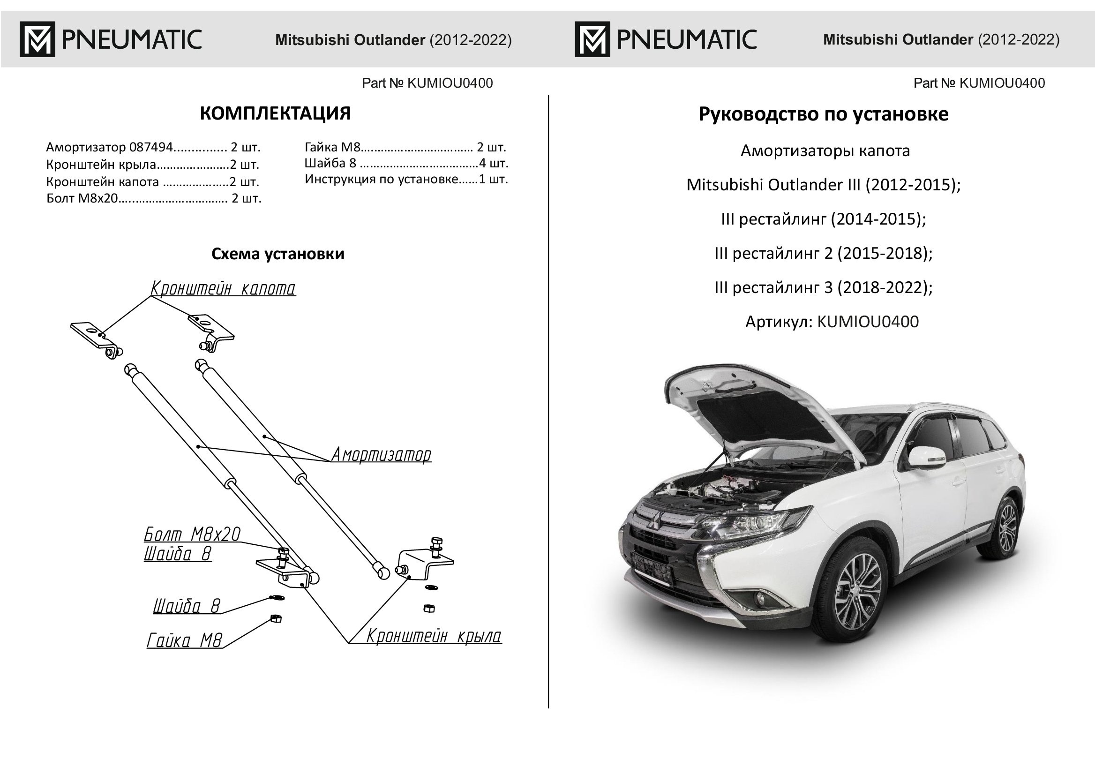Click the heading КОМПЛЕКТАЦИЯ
pyautogui.click(x=275, y=113)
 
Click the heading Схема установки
pyautogui.click(x=277, y=254)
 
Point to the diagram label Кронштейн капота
pyautogui.click(x=223, y=289)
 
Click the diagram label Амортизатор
pyautogui.click(x=381, y=455)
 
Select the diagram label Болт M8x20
pyautogui.click(x=192, y=534)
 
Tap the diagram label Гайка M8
pyautogui.click(x=184, y=640)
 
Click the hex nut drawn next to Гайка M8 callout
pyautogui.click(x=275, y=619)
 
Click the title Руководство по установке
pyautogui.click(x=823, y=114)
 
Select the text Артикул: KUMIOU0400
pyautogui.click(x=832, y=322)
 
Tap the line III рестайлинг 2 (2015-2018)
pyautogui.click(x=823, y=253)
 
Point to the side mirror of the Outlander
pyautogui.click(x=926, y=457)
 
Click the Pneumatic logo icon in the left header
pyautogui.click(x=37, y=39)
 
